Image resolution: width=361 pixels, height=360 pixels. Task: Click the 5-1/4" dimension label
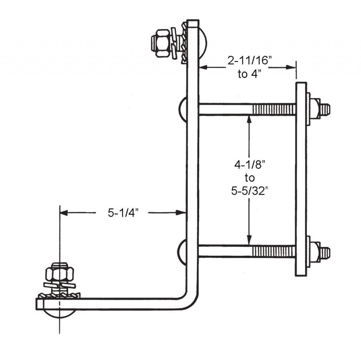coord(122,213)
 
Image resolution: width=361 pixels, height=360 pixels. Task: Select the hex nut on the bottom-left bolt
coord(60,273)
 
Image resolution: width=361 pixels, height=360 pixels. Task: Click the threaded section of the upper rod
coord(274,109)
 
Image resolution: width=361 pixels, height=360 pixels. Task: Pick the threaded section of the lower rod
coord(274,251)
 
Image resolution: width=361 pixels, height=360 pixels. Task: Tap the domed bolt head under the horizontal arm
coord(60,313)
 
